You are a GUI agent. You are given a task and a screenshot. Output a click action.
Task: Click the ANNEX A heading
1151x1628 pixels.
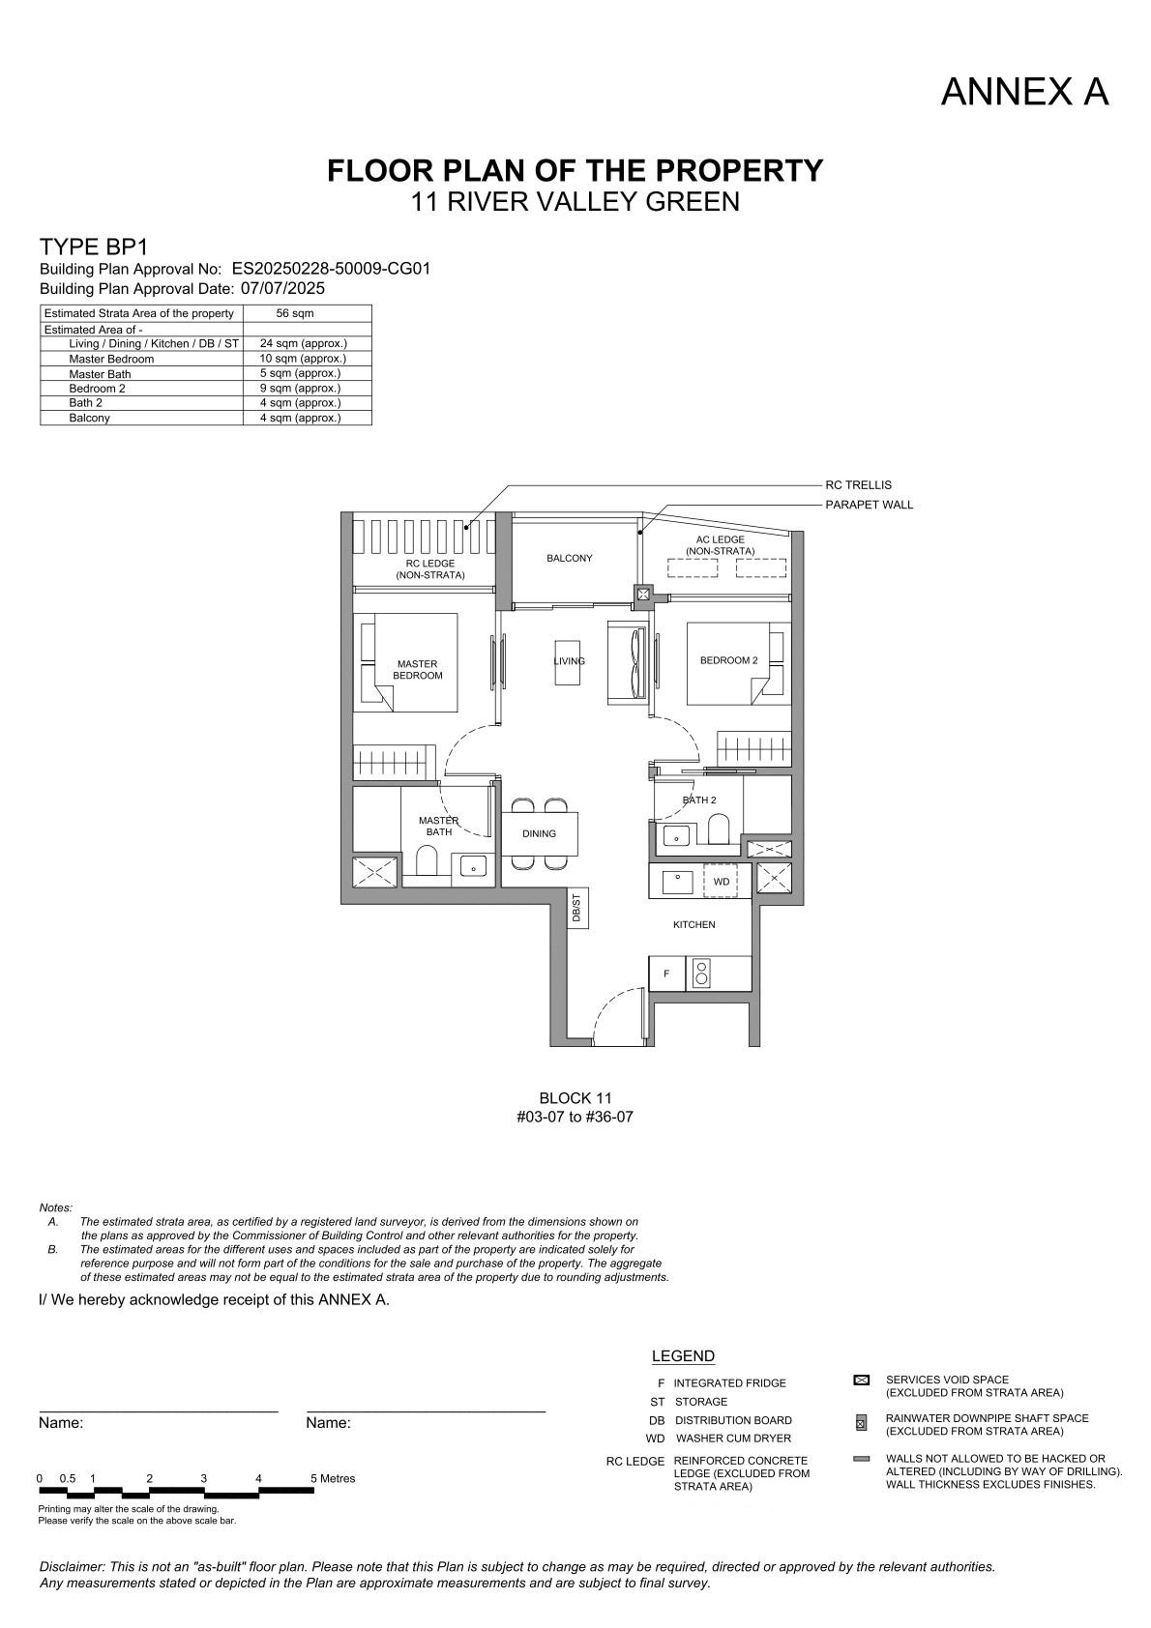(x=1024, y=92)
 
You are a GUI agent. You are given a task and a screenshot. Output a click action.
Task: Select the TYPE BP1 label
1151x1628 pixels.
(x=94, y=247)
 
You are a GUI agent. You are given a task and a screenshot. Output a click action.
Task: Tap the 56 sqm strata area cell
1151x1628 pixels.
(x=294, y=313)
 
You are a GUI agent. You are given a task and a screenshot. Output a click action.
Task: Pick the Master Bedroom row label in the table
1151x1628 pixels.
(x=111, y=359)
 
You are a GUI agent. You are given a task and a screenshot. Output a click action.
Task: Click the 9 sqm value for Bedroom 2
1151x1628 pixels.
(x=300, y=388)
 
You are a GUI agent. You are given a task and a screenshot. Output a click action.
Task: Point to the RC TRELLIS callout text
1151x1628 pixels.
(x=858, y=484)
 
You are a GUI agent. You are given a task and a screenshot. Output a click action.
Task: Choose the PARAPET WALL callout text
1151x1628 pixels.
(x=869, y=505)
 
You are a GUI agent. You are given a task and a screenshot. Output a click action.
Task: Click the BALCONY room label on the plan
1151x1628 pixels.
(x=570, y=558)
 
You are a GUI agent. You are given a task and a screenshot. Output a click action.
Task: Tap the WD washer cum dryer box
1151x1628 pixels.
(x=721, y=881)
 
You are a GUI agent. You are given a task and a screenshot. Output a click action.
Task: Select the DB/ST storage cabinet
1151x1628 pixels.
(x=577, y=909)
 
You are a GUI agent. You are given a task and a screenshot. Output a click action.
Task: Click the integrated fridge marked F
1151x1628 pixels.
(x=666, y=974)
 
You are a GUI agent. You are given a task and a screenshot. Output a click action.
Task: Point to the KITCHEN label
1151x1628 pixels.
(x=694, y=924)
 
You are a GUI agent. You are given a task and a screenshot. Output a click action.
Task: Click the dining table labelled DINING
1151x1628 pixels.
(x=540, y=833)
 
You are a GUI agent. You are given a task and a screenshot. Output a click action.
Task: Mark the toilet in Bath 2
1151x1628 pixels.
(x=719, y=829)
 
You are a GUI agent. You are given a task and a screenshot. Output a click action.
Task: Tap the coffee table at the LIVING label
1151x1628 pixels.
(x=568, y=661)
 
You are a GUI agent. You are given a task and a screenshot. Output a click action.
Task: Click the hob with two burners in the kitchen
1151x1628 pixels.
(x=701, y=974)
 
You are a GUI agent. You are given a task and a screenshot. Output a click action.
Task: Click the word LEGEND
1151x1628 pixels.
(x=683, y=1356)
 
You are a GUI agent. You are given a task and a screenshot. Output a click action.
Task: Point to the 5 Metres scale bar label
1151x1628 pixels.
(x=333, y=1478)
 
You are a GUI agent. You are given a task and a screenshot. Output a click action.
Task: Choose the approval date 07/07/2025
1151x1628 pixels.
(x=282, y=288)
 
